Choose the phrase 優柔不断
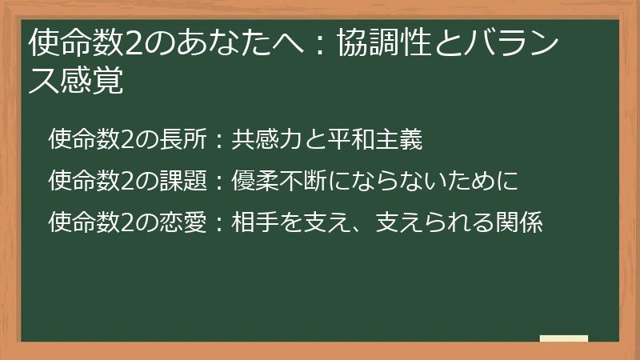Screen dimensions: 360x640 [283, 181]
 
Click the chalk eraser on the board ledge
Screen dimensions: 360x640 [563, 338]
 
